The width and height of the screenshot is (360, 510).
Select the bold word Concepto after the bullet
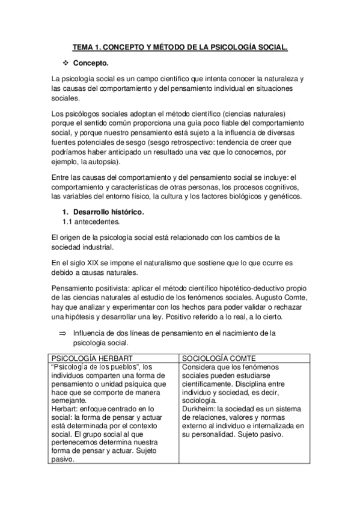click(91, 63)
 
